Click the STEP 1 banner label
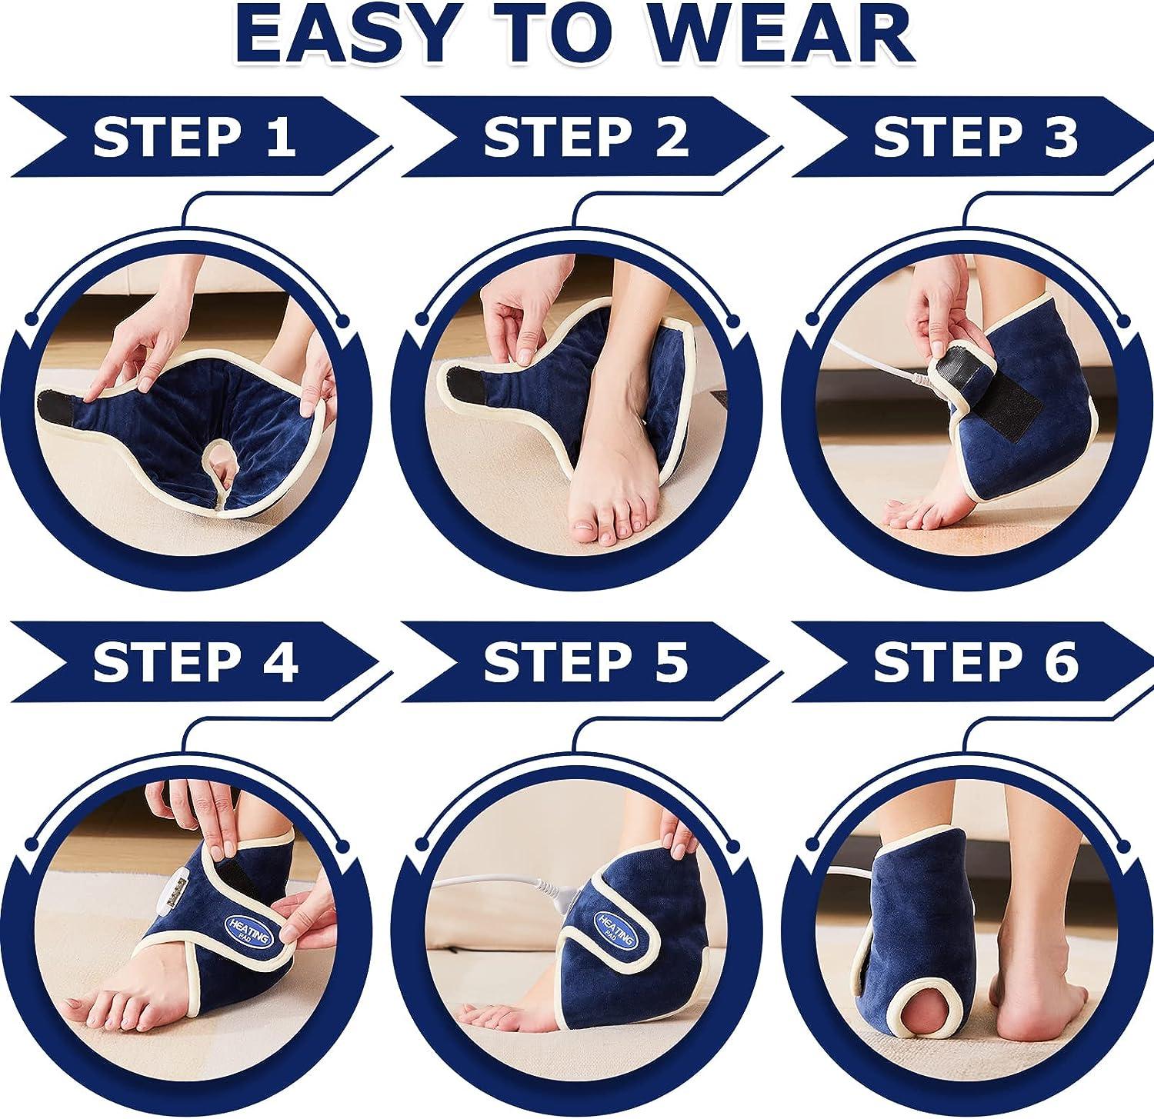click(x=194, y=136)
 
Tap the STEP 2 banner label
click(x=585, y=136)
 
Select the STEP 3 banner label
click(x=975, y=136)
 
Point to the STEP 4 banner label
click(x=194, y=662)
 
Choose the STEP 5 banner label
click(x=585, y=662)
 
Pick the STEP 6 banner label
click(x=975, y=662)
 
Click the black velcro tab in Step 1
click(x=63, y=404)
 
